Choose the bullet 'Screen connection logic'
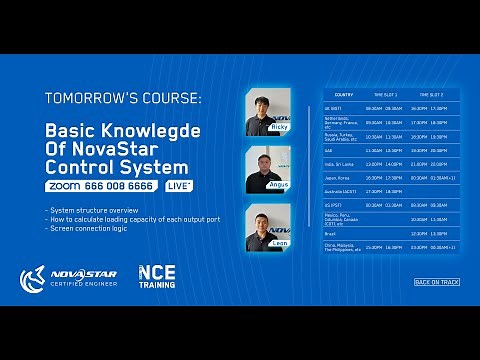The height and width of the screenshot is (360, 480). (88, 228)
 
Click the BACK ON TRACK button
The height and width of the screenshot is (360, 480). (436, 282)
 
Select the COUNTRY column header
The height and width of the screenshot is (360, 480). (344, 94)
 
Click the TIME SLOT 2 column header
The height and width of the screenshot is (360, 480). (429, 94)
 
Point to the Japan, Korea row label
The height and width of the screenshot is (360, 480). (337, 176)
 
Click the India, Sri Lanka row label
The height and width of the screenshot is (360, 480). (339, 163)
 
